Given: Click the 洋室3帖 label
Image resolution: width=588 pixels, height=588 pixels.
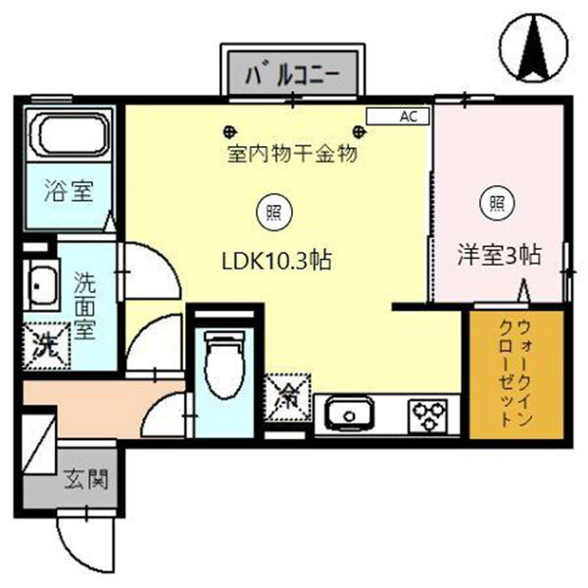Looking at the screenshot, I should (x=500, y=256).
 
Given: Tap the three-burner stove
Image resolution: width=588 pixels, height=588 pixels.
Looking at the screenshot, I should (x=426, y=416).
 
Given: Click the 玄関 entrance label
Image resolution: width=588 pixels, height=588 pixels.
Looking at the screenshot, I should (x=85, y=480).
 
